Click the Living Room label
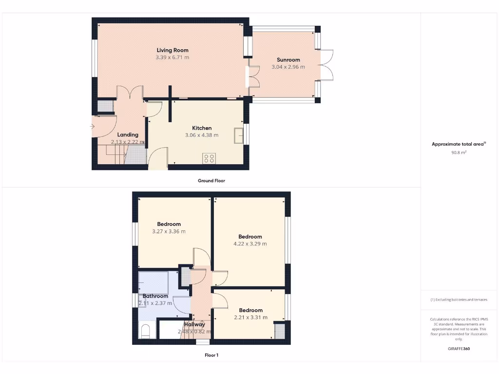click(x=172, y=50)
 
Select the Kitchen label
click(x=201, y=128)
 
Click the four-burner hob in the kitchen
click(x=209, y=158)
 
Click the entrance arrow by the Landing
click(x=93, y=127)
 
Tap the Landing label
click(x=128, y=135)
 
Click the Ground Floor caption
click(x=211, y=181)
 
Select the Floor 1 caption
click(x=211, y=355)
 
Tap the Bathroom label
click(x=155, y=296)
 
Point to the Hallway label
click(x=194, y=324)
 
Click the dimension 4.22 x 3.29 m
click(x=250, y=244)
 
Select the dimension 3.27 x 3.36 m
click(x=169, y=231)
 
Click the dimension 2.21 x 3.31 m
click(x=250, y=318)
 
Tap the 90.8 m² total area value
click(x=459, y=152)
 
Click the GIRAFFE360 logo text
click(x=459, y=349)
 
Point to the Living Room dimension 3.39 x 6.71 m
click(x=172, y=57)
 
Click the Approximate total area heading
click(x=459, y=144)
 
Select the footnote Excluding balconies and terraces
click(x=459, y=300)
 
